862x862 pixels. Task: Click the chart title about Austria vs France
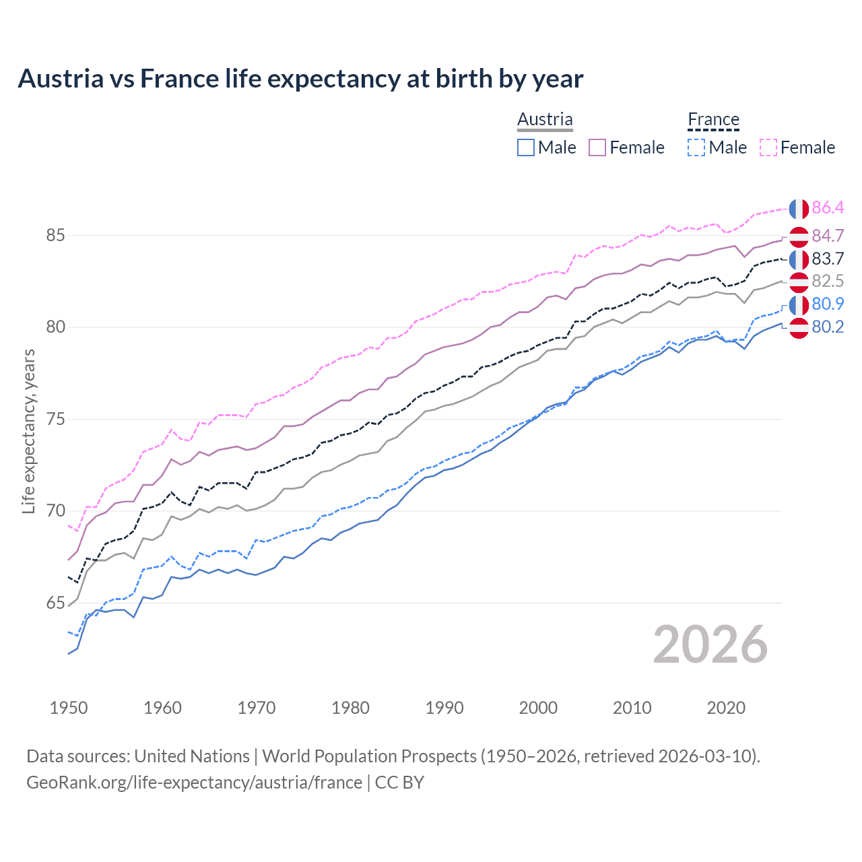[x=300, y=79]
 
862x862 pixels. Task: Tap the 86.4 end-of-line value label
[x=828, y=207]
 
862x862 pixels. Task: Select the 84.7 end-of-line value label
[x=828, y=236]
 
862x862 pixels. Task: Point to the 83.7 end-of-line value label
[x=828, y=259]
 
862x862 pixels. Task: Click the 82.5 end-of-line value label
[x=828, y=281]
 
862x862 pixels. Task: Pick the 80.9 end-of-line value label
[x=828, y=304]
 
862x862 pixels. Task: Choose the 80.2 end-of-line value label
[x=828, y=327]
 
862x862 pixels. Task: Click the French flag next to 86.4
[x=799, y=209]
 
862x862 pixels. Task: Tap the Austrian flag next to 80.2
[x=799, y=328]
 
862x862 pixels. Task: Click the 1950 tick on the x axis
[x=69, y=708]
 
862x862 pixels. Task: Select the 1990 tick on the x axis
[x=444, y=708]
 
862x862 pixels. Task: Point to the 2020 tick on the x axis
[x=726, y=708]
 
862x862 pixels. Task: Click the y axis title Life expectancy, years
[x=28, y=431]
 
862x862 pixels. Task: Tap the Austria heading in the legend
[x=545, y=119]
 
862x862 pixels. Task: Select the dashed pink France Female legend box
[x=768, y=147]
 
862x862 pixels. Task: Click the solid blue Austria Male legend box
[x=526, y=147]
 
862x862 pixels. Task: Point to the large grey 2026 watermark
[x=710, y=644]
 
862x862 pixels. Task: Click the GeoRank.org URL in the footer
[x=194, y=782]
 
